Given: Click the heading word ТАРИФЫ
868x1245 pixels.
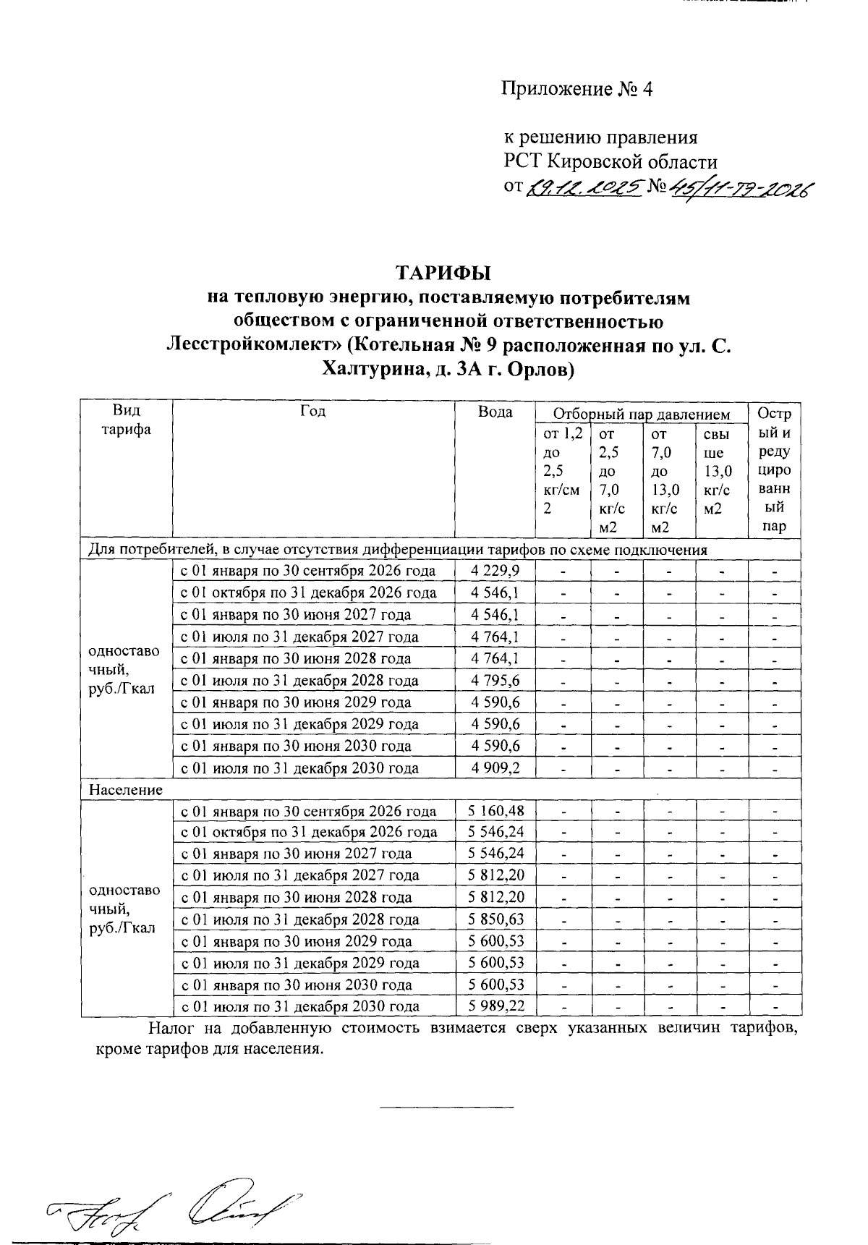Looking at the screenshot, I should pos(443,273).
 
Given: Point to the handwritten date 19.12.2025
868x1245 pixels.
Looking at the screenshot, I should pos(584,188).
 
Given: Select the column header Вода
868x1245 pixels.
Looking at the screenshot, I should pos(495,412).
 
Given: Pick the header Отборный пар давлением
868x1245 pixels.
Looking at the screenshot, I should pos(641,414).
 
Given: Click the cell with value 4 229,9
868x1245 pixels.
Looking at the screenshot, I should pos(495,571).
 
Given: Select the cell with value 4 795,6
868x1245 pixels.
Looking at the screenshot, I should pos(495,681).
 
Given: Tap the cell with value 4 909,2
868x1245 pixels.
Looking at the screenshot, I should pos(495,768).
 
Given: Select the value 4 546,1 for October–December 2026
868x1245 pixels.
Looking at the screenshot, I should pos(495,592).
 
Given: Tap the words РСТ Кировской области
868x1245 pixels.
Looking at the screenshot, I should pos(610,161).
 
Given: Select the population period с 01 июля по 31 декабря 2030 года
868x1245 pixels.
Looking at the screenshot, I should pos(300,1006).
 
